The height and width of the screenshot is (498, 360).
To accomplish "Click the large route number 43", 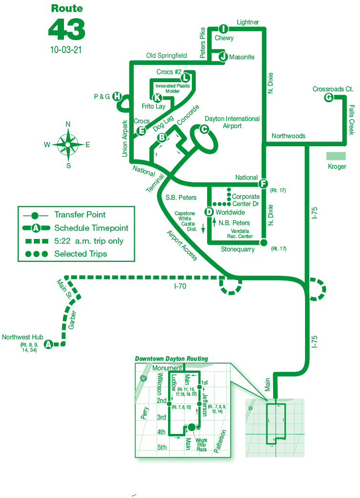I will tap(66, 30).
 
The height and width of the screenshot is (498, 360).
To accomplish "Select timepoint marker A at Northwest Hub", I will tap(48, 344).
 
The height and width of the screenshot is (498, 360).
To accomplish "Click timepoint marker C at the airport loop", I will tap(204, 129).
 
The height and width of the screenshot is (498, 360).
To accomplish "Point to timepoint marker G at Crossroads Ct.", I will tap(328, 97).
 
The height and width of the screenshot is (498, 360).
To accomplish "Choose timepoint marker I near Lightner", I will tap(222, 29).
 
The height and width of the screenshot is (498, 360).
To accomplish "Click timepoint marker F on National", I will tap(263, 184).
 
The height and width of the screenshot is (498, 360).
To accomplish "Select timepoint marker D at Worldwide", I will tap(209, 212).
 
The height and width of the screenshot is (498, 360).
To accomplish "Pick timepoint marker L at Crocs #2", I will tap(186, 77).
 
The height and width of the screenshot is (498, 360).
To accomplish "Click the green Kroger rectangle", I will tap(337, 156).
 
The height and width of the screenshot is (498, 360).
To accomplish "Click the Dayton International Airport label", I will tap(232, 122).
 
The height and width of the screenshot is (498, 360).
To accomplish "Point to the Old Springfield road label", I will tap(166, 56).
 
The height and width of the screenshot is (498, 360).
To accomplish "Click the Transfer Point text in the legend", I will tap(80, 215).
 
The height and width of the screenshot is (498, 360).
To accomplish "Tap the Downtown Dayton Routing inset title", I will tap(171, 358).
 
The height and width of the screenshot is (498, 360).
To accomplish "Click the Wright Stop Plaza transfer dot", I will tap(191, 427).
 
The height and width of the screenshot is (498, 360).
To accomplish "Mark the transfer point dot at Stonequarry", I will tap(263, 242).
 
